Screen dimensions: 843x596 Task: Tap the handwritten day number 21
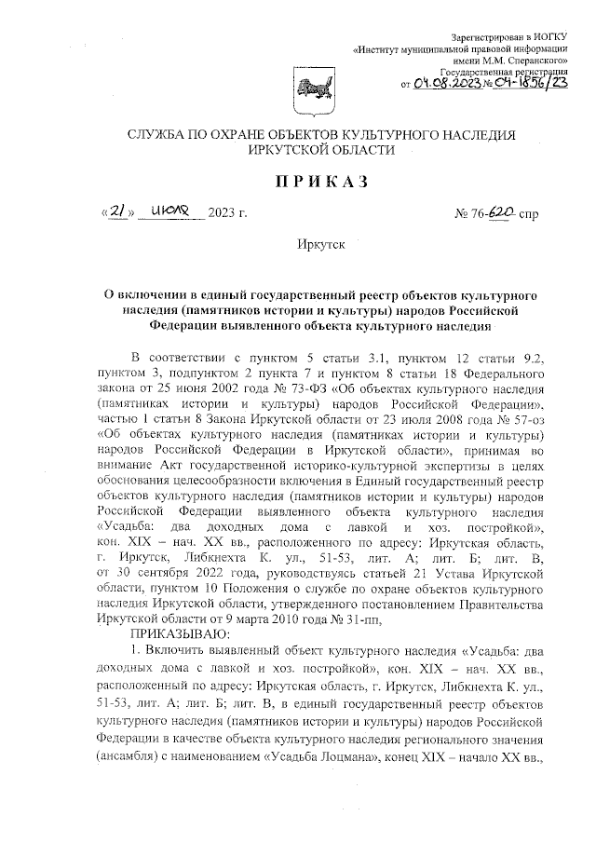(x=116, y=213)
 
